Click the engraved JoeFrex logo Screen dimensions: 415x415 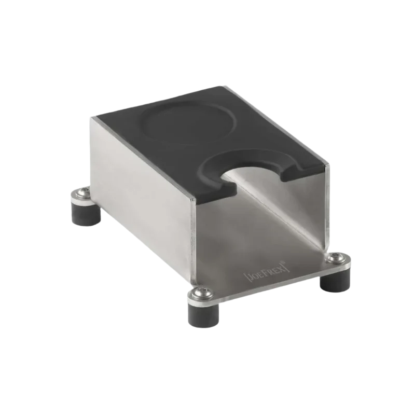pyautogui.click(x=267, y=271)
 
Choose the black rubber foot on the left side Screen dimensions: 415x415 pyautogui.click(x=86, y=213)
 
